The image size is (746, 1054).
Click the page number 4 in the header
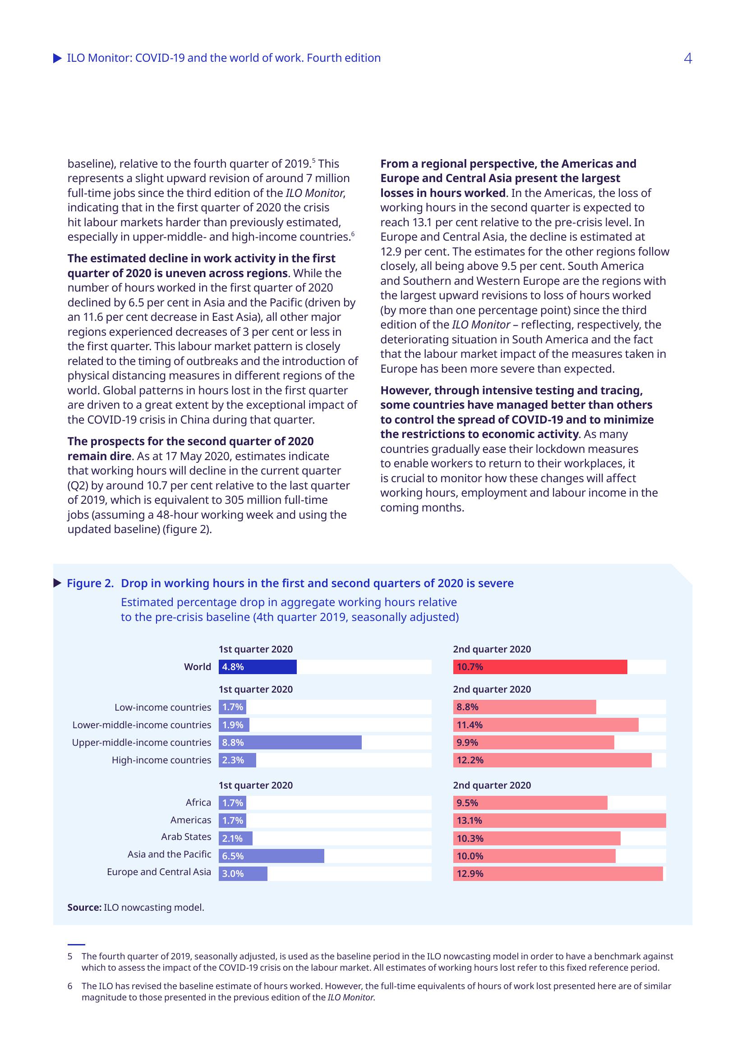[687, 58]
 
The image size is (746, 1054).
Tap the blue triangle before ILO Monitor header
[57, 58]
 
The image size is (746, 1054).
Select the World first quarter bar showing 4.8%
[257, 666]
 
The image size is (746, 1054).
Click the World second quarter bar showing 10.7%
[540, 666]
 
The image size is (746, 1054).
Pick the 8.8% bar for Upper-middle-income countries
[290, 742]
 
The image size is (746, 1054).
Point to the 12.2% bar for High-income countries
[552, 760]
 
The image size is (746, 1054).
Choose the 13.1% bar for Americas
[559, 820]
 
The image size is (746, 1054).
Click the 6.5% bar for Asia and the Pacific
[271, 856]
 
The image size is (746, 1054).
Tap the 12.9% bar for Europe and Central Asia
[557, 874]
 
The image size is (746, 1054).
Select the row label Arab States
[186, 837]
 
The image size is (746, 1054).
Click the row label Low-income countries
[163, 707]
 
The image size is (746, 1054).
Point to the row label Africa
[198, 803]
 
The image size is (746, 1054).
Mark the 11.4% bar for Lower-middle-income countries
[546, 725]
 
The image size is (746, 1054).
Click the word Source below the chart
[84, 907]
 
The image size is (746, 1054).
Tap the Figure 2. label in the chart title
[90, 583]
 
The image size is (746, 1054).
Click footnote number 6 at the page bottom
[70, 986]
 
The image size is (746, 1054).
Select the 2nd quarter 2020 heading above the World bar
[492, 649]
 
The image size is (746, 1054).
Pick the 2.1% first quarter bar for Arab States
[235, 838]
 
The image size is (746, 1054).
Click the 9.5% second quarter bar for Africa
[530, 803]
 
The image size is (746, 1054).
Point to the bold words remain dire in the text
[100, 456]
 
